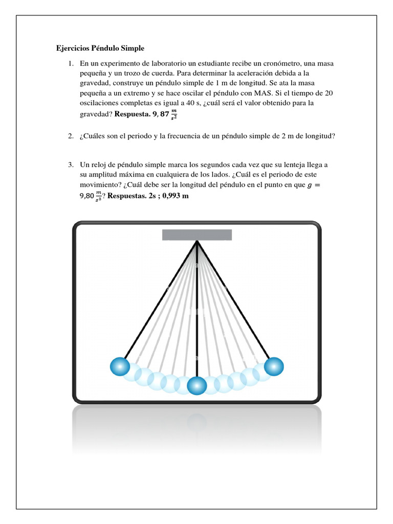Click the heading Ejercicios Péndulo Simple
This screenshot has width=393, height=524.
pos(100,49)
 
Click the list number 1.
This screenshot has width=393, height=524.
pos(70,63)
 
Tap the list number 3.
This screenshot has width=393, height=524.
pos(70,165)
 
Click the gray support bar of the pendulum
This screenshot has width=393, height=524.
pos(197,235)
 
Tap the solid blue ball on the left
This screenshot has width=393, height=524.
pos(120,366)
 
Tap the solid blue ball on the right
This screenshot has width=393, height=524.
pos(273,366)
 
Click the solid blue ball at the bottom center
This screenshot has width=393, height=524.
pos(197,385)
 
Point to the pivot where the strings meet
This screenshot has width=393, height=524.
pos(197,242)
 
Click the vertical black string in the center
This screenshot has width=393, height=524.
pos(197,317)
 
